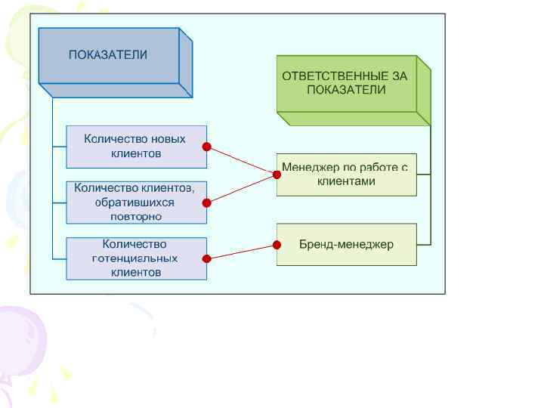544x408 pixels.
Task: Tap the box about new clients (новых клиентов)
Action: pos(136,147)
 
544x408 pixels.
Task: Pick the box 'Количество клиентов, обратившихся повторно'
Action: pos(136,202)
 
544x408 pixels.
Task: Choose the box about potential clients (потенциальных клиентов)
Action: pos(136,258)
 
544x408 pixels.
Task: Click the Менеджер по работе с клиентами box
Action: pos(346,175)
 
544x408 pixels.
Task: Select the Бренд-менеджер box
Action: pos(346,244)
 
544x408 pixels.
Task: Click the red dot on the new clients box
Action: pos(206,147)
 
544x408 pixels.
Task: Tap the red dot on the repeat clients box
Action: pos(206,202)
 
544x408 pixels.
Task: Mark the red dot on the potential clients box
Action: pos(206,258)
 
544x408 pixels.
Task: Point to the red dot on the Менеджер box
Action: pos(277,175)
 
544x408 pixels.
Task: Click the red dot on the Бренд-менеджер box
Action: pos(277,244)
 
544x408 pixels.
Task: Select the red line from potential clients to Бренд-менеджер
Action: pos(242,252)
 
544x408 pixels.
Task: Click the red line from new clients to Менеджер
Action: pos(242,161)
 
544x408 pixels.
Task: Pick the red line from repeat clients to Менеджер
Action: pos(242,188)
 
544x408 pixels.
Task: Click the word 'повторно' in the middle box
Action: pos(136,216)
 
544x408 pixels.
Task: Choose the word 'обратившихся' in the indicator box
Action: pos(134,202)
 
